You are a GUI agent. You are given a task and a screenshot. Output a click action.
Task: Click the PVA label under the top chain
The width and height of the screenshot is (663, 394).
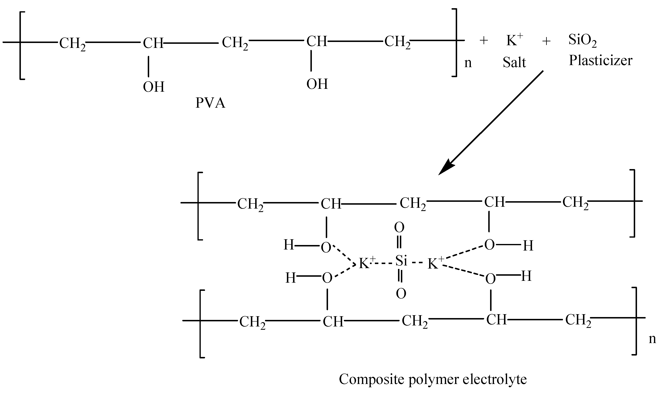click(210, 103)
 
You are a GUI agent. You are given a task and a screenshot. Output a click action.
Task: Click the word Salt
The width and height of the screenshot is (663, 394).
click(514, 63)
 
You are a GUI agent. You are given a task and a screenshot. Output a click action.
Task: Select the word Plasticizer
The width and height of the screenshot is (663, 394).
click(600, 61)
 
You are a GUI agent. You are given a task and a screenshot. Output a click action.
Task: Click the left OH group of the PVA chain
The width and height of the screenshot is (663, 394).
click(154, 87)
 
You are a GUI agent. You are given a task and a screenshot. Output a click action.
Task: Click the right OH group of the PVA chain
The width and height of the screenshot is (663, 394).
click(317, 84)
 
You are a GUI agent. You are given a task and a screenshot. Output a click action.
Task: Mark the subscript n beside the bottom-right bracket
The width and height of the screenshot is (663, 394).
click(652, 340)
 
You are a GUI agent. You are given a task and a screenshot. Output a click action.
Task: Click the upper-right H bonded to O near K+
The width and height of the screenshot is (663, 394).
click(528, 246)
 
